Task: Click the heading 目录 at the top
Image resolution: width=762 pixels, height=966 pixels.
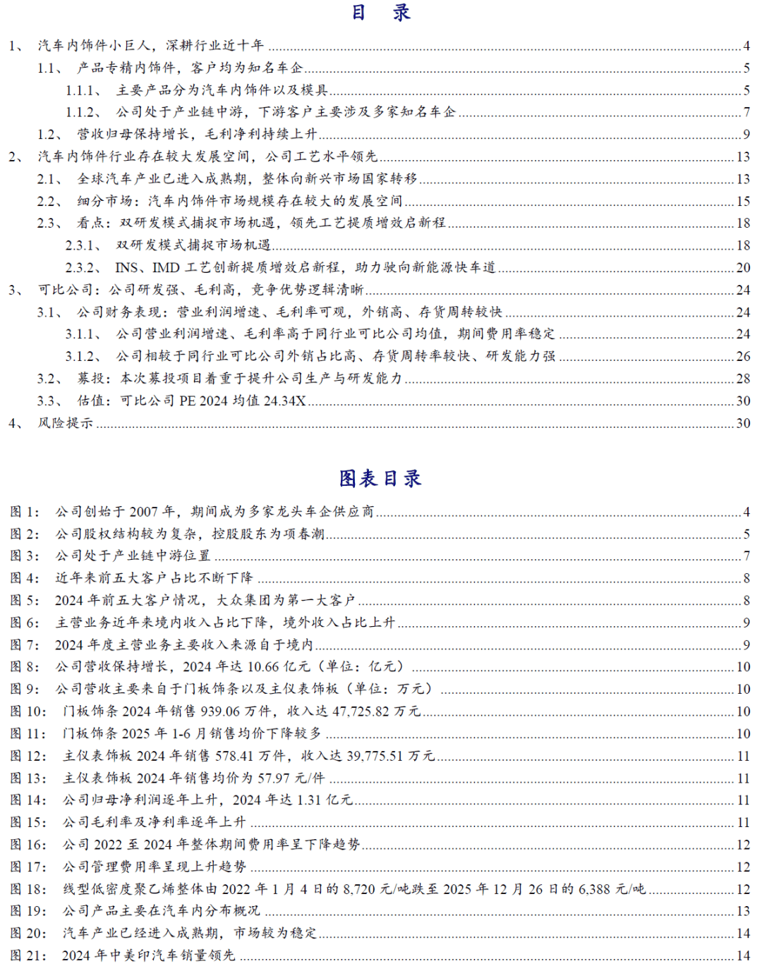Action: [x=380, y=13]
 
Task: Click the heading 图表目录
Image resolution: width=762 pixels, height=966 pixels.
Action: [x=380, y=479]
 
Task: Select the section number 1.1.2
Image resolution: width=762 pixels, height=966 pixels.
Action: [x=79, y=112]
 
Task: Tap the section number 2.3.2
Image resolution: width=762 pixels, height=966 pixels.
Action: [x=79, y=268]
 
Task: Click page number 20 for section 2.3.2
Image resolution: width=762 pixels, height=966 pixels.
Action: [x=743, y=268]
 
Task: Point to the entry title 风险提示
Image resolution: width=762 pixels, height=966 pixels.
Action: [x=66, y=423]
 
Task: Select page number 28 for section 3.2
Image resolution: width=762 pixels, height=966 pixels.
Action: [x=743, y=379]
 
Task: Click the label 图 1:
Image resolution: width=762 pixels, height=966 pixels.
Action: [x=25, y=512]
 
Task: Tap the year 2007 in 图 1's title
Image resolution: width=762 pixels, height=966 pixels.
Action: [x=144, y=512]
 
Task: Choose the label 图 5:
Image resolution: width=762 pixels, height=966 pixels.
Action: [x=25, y=601]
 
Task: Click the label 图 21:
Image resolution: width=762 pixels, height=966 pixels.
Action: [x=28, y=955]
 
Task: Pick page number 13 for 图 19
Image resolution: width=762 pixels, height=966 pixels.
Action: [x=743, y=911]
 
